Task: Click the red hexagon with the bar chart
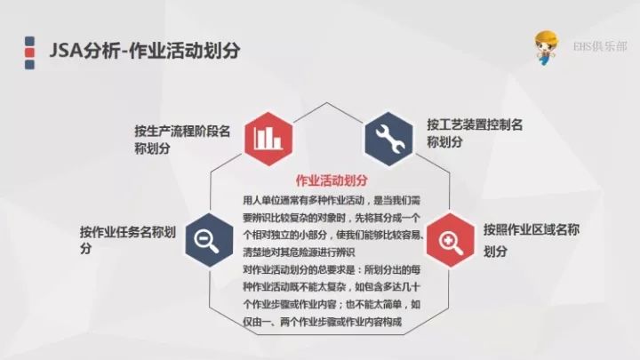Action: coord(268,139)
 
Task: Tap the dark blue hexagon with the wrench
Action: coord(388,139)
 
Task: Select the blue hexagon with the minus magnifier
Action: coord(209,240)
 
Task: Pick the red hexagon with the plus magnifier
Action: coord(450,240)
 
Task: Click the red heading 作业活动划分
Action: coord(332,180)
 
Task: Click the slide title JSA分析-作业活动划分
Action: coord(145,51)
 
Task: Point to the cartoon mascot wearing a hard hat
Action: coord(546,47)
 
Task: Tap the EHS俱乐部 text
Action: coord(600,46)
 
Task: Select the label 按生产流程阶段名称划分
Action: coord(182,140)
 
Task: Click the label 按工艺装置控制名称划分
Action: coord(475,133)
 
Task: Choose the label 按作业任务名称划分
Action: coord(128,240)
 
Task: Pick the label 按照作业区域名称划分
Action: coord(532,240)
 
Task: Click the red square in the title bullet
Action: coord(29,52)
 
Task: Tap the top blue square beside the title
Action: coord(29,41)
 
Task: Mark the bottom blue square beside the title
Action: coord(29,65)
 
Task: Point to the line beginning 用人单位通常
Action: coord(332,200)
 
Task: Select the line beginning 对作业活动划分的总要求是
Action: coord(332,270)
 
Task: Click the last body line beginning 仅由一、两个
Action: coord(323,322)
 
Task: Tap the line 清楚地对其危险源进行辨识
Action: coord(299,252)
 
